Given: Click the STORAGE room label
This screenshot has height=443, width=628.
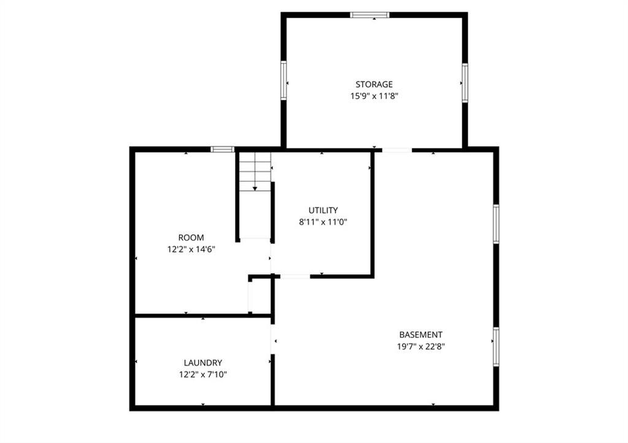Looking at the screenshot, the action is point(374,85).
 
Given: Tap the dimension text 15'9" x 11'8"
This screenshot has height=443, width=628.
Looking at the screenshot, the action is point(374,96).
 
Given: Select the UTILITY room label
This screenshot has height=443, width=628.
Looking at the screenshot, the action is point(323,210).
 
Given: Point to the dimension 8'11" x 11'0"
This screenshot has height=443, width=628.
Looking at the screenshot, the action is point(323,222).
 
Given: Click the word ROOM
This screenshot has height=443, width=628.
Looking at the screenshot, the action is point(191,237).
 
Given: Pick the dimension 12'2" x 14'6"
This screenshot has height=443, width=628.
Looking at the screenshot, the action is point(191,249).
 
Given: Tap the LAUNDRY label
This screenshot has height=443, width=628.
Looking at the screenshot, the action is point(202,363).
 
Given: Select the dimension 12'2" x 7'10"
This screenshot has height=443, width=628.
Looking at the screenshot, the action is point(202,374).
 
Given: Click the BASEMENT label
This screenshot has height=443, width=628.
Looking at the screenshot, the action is point(421,334).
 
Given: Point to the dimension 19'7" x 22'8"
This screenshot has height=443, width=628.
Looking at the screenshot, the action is point(421,347).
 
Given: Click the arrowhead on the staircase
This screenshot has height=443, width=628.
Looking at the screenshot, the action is point(255,188).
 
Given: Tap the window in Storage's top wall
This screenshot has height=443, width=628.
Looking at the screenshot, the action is point(370,15).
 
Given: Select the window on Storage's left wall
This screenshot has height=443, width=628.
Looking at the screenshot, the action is point(283,80).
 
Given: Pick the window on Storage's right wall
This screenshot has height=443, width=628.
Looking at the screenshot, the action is point(465,83).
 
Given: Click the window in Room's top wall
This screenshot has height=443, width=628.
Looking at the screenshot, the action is point(223,149).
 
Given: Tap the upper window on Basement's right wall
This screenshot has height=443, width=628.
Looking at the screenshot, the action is point(496,224).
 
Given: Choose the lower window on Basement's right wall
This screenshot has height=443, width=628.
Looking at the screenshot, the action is point(496,347).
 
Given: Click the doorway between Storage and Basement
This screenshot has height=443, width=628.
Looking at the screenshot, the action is point(397,150).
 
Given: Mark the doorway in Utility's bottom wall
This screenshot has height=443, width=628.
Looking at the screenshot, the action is point(295,276).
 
